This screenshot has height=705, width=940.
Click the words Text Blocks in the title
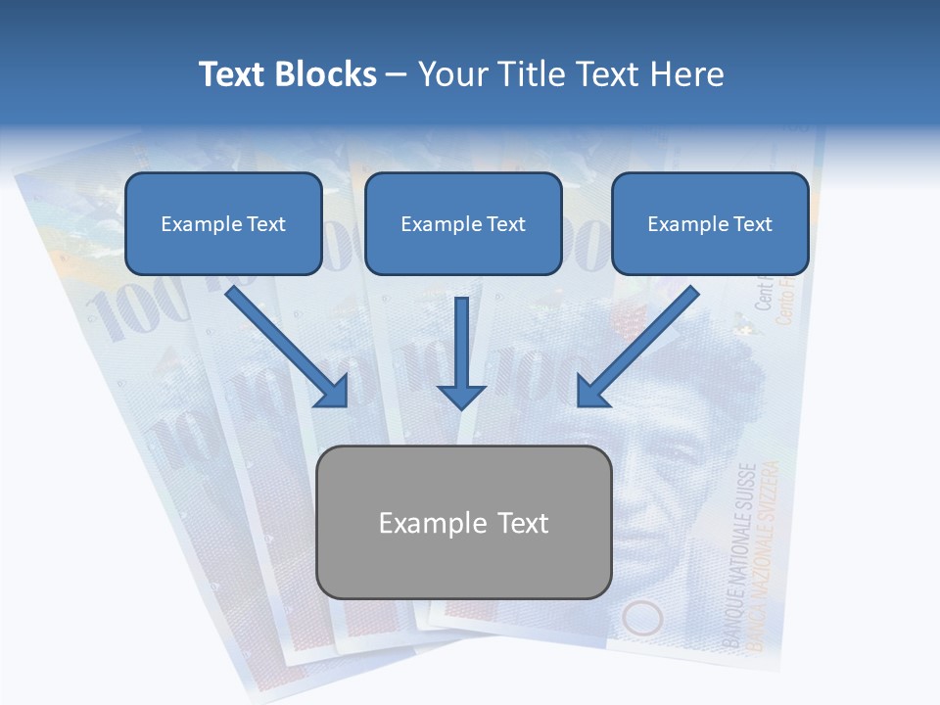click(x=287, y=74)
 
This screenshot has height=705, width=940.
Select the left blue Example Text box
click(x=223, y=224)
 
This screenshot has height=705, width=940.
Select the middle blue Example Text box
click(x=463, y=224)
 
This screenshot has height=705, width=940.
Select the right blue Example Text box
click(x=710, y=224)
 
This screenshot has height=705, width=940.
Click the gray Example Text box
click(x=464, y=523)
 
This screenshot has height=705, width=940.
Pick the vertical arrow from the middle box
click(x=461, y=352)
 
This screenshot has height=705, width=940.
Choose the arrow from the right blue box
click(x=637, y=348)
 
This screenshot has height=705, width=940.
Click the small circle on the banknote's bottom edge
click(x=642, y=619)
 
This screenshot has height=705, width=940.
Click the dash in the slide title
click(x=397, y=74)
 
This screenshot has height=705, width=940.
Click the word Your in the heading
click(x=451, y=74)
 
